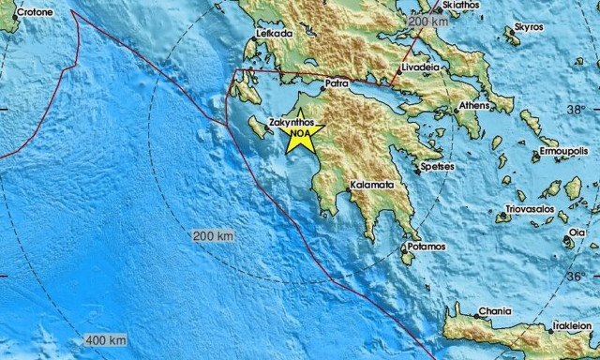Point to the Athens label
473,106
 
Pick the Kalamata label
370,186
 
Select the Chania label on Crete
495,311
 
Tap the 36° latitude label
575,277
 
